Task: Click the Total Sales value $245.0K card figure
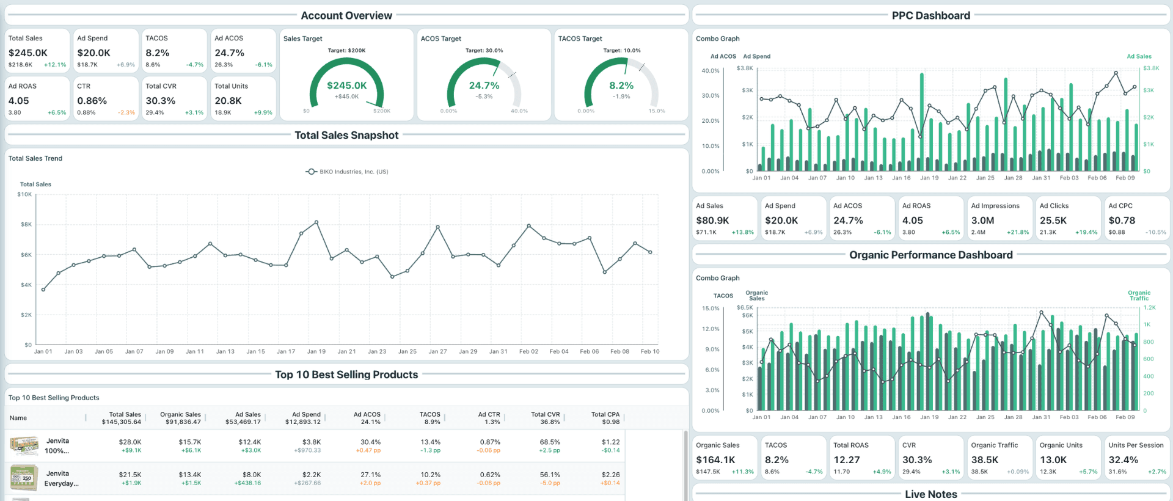pyautogui.click(x=27, y=53)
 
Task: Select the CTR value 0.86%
pyautogui.click(x=92, y=101)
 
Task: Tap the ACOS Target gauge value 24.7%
pyautogui.click(x=484, y=86)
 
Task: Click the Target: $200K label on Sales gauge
pyautogui.click(x=346, y=51)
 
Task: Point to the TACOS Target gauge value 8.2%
pyautogui.click(x=621, y=86)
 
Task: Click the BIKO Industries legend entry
pyautogui.click(x=347, y=172)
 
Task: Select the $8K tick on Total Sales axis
pyautogui.click(x=26, y=224)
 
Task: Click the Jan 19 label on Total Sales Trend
pyautogui.click(x=316, y=351)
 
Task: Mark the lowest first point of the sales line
pyautogui.click(x=43, y=290)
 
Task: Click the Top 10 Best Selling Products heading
pyautogui.click(x=346, y=375)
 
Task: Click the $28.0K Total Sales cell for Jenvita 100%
pyautogui.click(x=130, y=442)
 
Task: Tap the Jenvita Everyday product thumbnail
pyautogui.click(x=23, y=477)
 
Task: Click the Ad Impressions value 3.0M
pyautogui.click(x=982, y=221)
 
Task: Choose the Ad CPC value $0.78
pyautogui.click(x=1122, y=221)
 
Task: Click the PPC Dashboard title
pyautogui.click(x=930, y=15)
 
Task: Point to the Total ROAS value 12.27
pyautogui.click(x=846, y=460)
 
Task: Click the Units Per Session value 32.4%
pyautogui.click(x=1123, y=460)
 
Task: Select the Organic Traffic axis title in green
pyautogui.click(x=1139, y=296)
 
